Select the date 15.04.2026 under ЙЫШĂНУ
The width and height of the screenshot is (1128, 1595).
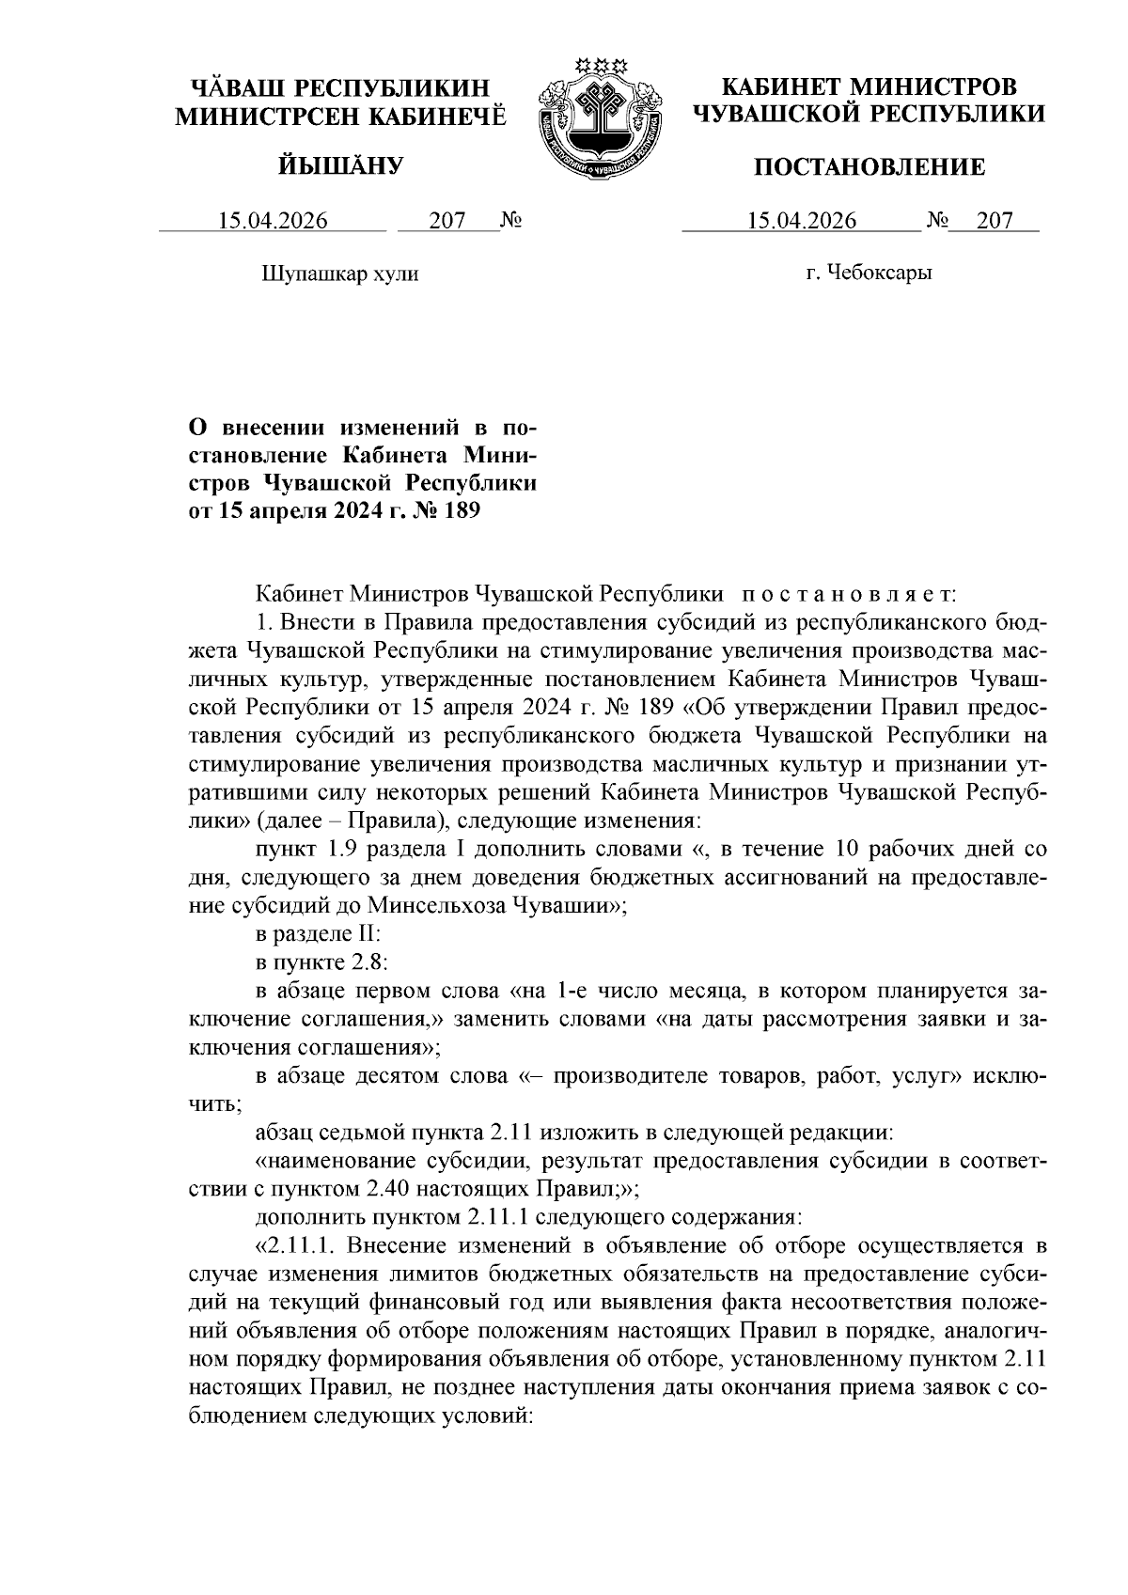pyautogui.click(x=273, y=221)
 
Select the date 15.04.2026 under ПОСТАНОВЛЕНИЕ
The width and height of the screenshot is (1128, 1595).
pyautogui.click(x=802, y=221)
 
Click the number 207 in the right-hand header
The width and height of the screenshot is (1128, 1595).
pyautogui.click(x=995, y=221)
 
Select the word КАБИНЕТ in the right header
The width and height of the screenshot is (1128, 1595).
pyautogui.click(x=779, y=87)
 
